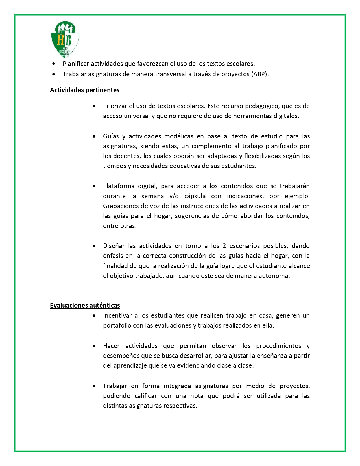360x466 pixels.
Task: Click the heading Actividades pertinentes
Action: (85, 90)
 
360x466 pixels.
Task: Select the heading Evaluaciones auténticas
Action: (85, 305)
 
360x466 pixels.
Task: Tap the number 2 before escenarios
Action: (224, 246)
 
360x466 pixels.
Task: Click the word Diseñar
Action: (114, 246)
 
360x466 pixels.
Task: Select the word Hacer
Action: (111, 346)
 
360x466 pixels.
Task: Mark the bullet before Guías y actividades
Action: (94, 136)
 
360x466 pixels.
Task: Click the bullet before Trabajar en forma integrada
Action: (94, 386)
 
